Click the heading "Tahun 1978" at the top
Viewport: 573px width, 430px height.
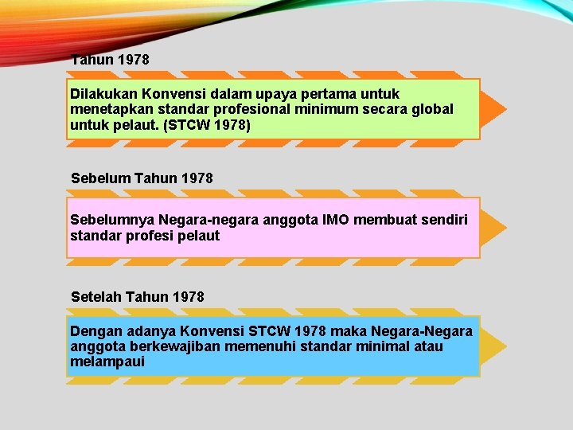[110, 60]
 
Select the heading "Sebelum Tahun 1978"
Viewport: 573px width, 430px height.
[142, 178]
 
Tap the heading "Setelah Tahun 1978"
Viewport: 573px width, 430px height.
[138, 297]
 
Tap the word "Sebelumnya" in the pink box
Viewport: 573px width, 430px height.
[112, 219]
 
